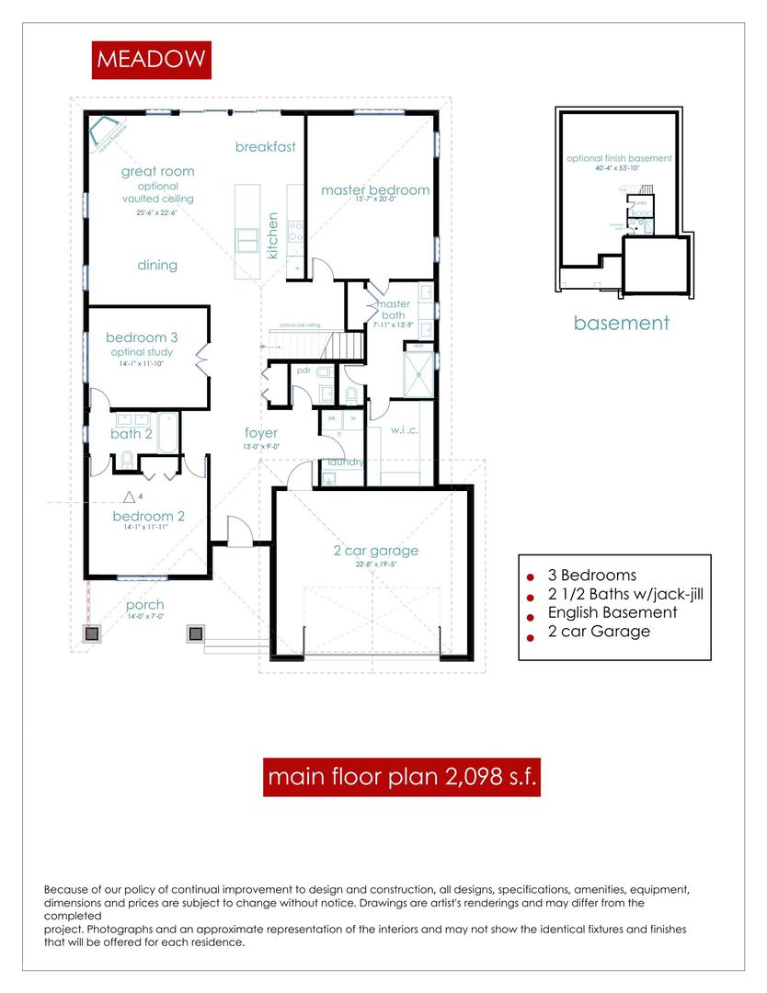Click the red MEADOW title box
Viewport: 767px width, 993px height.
click(152, 60)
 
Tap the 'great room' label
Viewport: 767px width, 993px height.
click(157, 171)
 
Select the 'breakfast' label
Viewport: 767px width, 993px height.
click(265, 147)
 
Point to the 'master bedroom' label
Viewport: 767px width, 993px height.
click(374, 190)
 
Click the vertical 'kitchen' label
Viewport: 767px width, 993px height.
click(272, 235)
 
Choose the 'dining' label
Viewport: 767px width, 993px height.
click(157, 266)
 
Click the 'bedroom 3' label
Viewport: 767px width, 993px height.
click(142, 337)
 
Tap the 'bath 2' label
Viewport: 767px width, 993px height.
click(132, 434)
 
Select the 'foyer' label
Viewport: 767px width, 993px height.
click(261, 433)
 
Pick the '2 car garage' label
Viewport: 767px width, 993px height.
click(375, 551)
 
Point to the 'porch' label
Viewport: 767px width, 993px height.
click(145, 604)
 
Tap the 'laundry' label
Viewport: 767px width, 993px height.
click(342, 462)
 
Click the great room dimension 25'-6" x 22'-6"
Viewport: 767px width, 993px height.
click(156, 213)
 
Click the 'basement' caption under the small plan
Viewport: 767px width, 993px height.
click(622, 323)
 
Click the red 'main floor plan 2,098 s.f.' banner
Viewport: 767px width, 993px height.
click(401, 778)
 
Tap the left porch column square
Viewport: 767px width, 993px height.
click(92, 633)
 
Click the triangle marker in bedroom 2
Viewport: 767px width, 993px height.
click(130, 497)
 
